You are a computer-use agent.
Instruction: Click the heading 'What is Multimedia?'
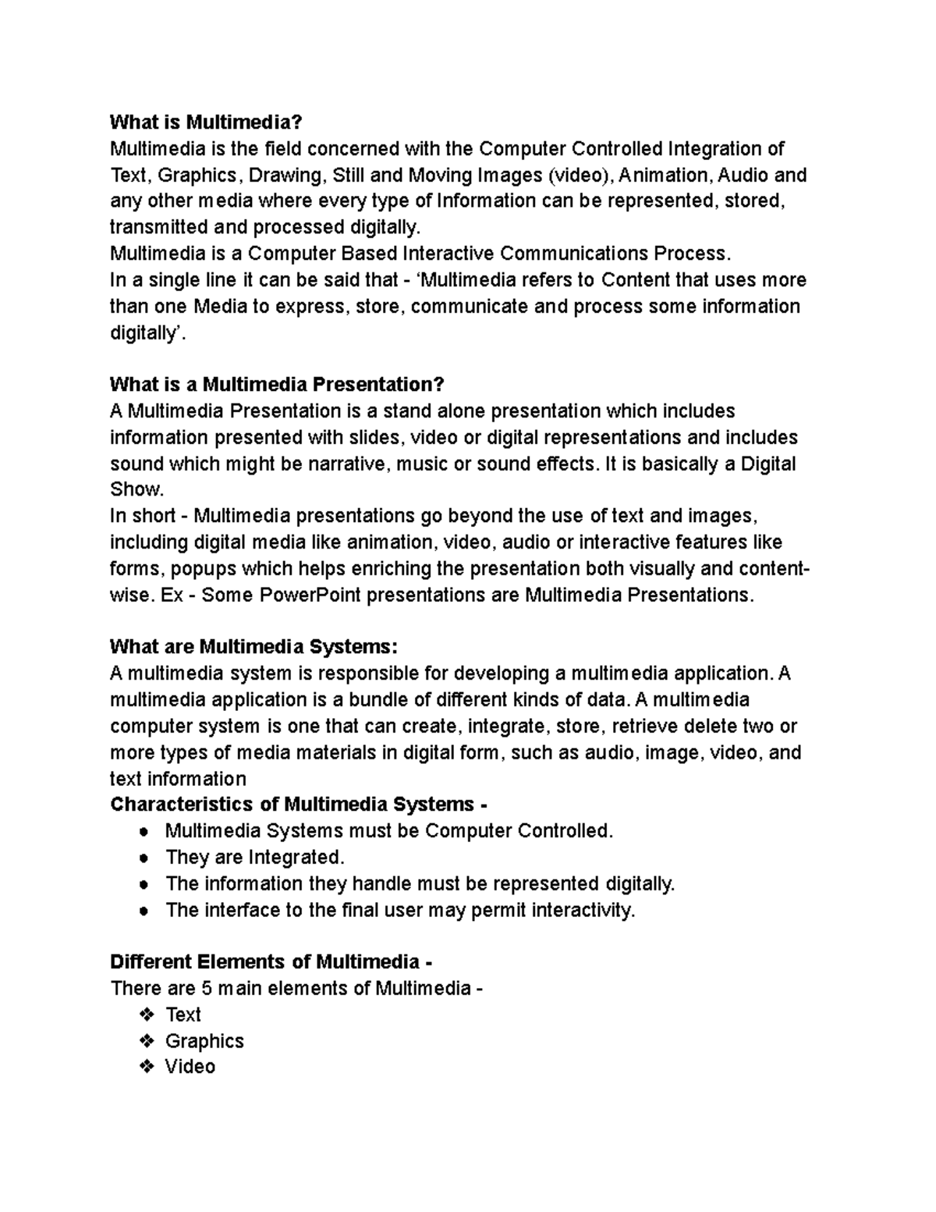204,123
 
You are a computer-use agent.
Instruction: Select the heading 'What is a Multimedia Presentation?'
277,385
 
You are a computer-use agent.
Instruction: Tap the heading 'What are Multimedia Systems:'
253,647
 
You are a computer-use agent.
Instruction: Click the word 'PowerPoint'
310,595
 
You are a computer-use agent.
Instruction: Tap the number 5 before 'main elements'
207,989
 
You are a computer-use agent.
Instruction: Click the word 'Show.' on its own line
137,490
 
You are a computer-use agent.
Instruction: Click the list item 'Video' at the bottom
190,1067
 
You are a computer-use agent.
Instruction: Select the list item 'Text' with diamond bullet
183,1015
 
